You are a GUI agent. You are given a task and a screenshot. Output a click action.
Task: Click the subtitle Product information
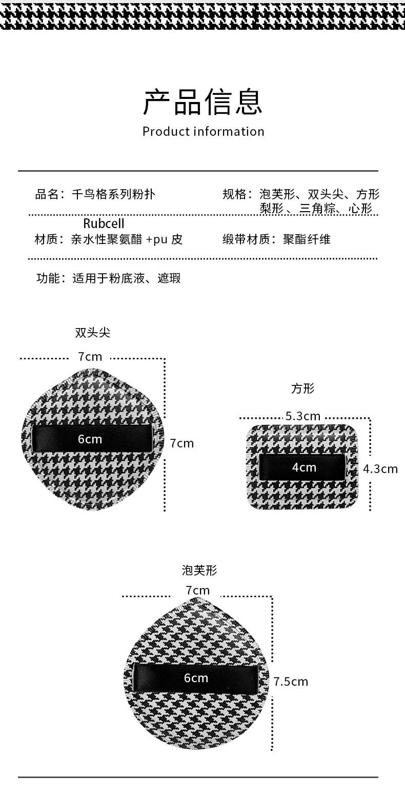(x=203, y=132)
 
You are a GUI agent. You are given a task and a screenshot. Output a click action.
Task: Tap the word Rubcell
(x=104, y=223)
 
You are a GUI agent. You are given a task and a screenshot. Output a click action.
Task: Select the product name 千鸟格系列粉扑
(x=113, y=194)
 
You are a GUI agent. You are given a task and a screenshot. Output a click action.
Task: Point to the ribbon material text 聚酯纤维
(x=307, y=239)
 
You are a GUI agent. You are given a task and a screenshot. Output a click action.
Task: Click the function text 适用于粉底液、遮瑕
(x=126, y=279)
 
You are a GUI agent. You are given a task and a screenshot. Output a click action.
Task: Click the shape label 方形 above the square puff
(x=302, y=389)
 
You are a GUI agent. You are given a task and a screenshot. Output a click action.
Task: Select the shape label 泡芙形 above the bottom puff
(x=199, y=570)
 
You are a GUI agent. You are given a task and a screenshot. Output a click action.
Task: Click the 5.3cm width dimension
(x=303, y=416)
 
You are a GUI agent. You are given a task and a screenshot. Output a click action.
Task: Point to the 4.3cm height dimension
(x=380, y=468)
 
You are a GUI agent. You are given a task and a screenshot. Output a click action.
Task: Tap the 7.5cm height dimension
(x=291, y=681)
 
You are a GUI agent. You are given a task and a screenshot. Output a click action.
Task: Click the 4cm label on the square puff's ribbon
(x=304, y=467)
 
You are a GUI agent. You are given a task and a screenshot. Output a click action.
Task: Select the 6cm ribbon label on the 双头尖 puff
(x=90, y=439)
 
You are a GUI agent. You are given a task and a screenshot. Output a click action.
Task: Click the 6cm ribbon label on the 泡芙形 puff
(x=196, y=678)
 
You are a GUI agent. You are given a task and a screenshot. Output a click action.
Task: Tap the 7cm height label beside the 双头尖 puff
(x=182, y=443)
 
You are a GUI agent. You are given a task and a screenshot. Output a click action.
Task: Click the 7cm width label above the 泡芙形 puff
(x=198, y=590)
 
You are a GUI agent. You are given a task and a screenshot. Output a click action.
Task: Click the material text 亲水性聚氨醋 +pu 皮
(x=127, y=239)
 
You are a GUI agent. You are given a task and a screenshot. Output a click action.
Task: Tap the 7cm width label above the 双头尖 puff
(x=90, y=356)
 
